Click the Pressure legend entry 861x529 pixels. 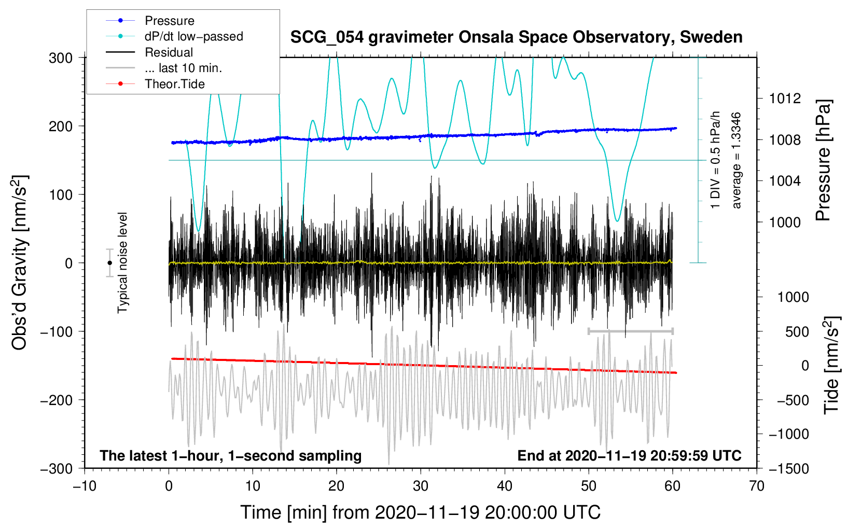click(150, 20)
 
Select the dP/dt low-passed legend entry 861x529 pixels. click(174, 36)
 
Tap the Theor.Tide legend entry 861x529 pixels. click(155, 84)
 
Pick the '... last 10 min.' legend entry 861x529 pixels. click(164, 68)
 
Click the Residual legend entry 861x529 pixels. click(149, 52)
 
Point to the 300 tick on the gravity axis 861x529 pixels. click(61, 58)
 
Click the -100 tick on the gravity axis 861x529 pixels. click(57, 331)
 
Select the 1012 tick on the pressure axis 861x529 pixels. click(785, 99)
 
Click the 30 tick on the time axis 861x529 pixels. click(421, 486)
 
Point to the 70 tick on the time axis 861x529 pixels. click(756, 486)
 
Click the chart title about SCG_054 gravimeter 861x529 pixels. click(516, 37)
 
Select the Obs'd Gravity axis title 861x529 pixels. click(20, 262)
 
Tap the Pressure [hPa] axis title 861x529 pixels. click(823, 160)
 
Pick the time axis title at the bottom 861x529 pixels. click(421, 512)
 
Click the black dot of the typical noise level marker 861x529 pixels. click(109, 263)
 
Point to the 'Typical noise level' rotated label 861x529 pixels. click(122, 263)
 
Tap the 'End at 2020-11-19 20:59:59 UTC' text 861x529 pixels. click(629, 455)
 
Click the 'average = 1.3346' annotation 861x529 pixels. click(735, 160)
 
